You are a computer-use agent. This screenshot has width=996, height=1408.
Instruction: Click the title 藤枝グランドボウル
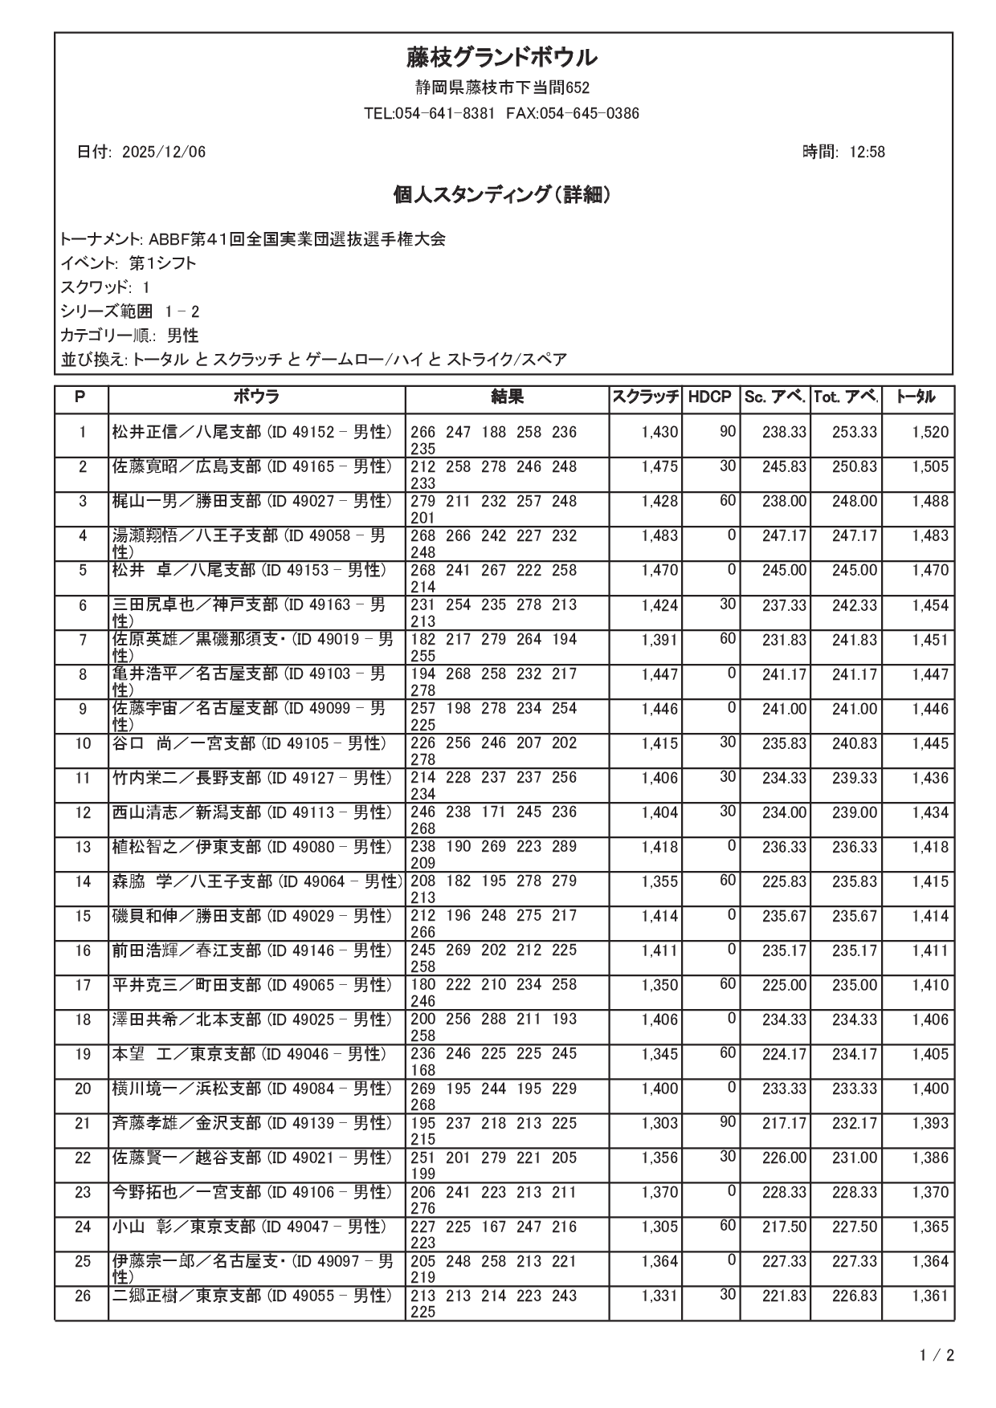(x=501, y=58)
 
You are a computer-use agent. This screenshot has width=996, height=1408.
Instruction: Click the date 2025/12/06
(x=164, y=153)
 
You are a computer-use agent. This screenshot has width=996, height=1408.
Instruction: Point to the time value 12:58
(x=867, y=153)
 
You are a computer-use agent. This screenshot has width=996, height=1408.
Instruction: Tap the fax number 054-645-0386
(x=590, y=114)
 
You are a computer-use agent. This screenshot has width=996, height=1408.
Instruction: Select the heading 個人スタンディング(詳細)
(x=501, y=195)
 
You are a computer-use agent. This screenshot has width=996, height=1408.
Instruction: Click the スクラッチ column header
(x=646, y=397)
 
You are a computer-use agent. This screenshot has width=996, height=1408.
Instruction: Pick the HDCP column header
(x=710, y=397)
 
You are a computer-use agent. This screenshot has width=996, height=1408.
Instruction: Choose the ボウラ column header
(x=257, y=397)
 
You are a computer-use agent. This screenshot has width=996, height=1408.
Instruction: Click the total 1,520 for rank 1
(x=930, y=433)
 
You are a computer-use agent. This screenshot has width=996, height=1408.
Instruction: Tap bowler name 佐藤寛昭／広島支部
(x=186, y=467)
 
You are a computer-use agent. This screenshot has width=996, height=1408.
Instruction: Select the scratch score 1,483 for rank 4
(x=659, y=536)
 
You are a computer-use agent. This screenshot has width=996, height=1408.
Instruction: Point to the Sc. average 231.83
(x=784, y=641)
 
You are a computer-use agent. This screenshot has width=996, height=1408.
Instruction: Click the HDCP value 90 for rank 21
(x=727, y=1122)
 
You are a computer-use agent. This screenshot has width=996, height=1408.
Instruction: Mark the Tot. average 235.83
(x=855, y=882)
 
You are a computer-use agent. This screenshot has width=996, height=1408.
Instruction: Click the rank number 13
(x=83, y=848)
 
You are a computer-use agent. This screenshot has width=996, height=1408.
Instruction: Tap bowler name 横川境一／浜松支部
(x=186, y=1089)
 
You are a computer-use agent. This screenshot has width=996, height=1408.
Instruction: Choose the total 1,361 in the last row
(x=930, y=1296)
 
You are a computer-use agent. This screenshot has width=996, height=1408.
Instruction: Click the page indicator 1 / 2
(x=937, y=1357)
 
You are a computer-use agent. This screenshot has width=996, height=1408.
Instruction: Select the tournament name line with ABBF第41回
(x=253, y=239)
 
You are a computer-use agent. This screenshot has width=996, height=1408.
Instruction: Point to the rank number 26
(x=83, y=1296)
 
